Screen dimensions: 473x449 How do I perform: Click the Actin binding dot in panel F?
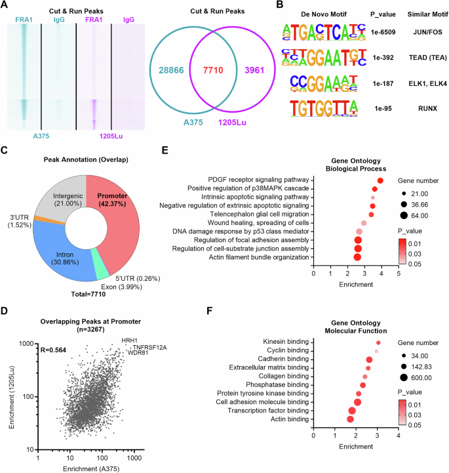click(350, 419)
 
